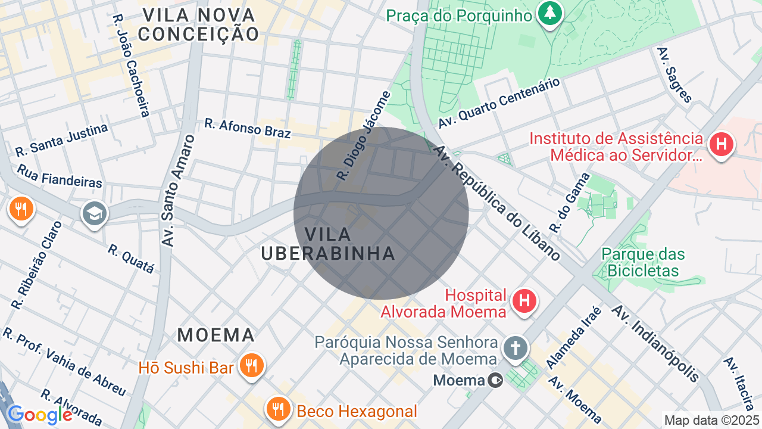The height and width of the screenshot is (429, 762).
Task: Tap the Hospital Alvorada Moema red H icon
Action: tap(524, 300)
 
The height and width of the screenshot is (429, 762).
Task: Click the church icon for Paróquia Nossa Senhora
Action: tap(516, 348)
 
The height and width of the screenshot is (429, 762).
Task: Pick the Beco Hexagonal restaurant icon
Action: tap(277, 409)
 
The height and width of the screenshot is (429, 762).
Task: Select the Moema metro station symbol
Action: tap(495, 380)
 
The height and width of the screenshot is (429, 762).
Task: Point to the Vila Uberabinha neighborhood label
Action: tap(328, 244)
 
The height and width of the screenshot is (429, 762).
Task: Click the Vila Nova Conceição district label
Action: tap(198, 24)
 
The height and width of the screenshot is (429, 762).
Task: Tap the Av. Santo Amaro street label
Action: tap(179, 191)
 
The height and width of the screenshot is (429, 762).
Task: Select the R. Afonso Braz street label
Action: tap(247, 128)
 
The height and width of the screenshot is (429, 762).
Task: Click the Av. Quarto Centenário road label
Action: tap(499, 103)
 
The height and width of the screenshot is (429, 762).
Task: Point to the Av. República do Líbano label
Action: tap(498, 203)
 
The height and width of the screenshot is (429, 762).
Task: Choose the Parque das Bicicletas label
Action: tap(643, 262)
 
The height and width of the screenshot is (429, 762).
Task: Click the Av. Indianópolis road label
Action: tap(655, 344)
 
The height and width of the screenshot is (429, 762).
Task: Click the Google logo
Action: tap(39, 415)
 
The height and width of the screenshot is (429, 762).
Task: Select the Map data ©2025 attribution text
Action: tap(712, 420)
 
